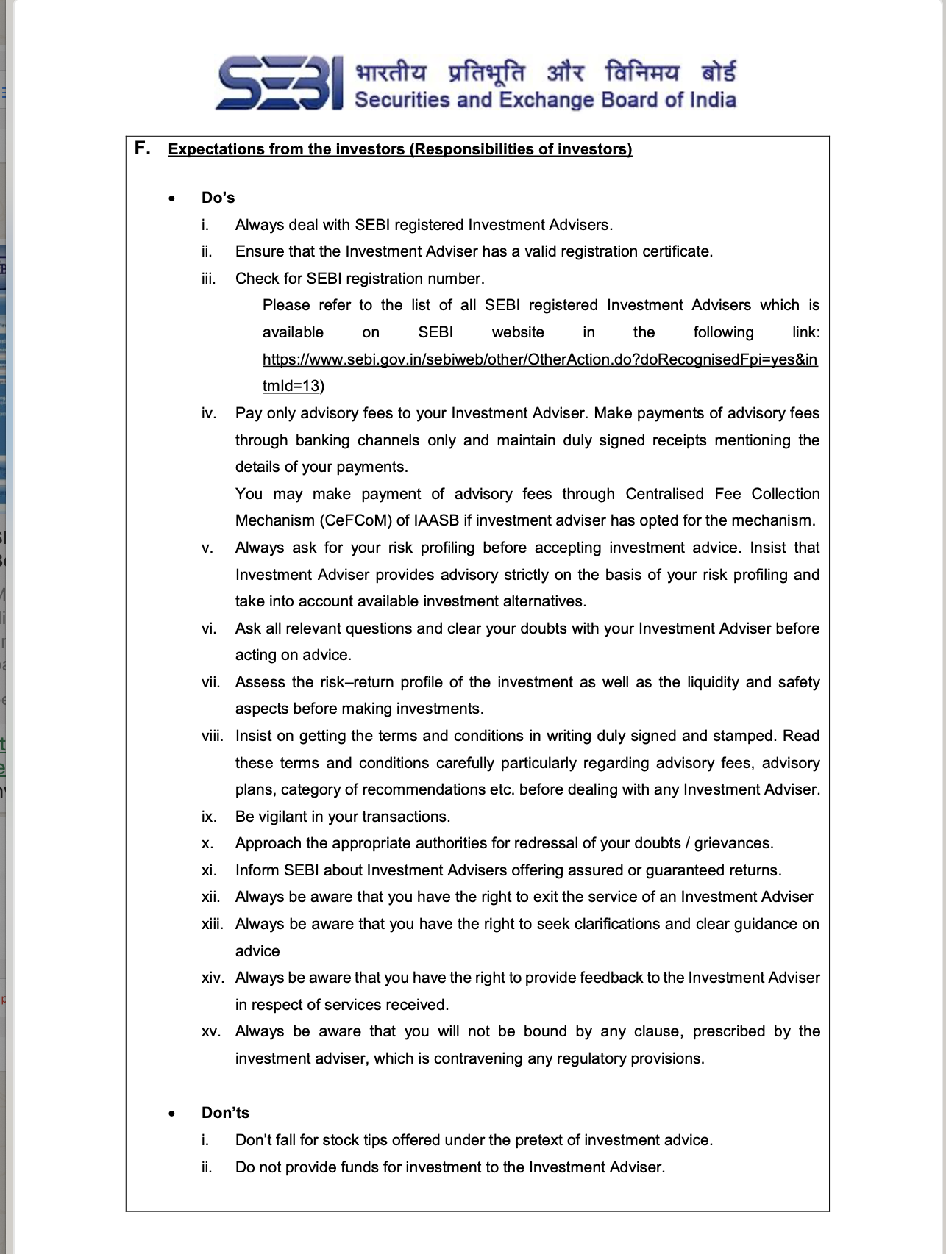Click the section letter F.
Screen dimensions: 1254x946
coord(143,148)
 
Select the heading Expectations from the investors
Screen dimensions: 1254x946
coord(399,149)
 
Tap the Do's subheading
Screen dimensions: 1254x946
coord(218,198)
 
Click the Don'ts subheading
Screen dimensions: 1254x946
coord(225,1113)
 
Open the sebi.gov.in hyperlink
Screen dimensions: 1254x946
coord(539,359)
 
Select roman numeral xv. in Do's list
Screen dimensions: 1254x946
coord(210,1031)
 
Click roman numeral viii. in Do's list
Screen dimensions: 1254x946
coord(212,736)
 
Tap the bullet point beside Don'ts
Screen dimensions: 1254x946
coord(172,1114)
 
